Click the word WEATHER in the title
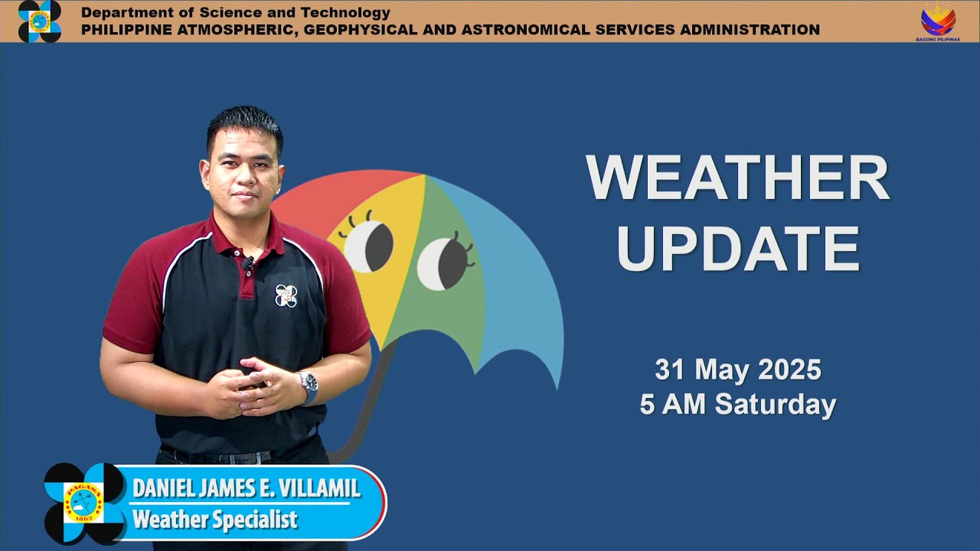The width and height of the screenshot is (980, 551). click(x=737, y=179)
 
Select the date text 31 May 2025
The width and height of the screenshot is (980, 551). click(x=737, y=370)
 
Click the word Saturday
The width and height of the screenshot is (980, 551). click(x=775, y=405)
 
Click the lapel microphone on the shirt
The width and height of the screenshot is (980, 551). click(x=248, y=263)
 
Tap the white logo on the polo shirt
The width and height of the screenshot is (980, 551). click(x=286, y=295)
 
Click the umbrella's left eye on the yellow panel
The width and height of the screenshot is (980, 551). click(x=368, y=246)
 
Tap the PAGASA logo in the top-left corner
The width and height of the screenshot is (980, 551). click(x=39, y=21)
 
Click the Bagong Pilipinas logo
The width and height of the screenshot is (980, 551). click(x=937, y=21)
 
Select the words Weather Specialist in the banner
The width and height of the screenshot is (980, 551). click(x=214, y=520)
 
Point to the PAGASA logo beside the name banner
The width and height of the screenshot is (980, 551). click(x=83, y=503)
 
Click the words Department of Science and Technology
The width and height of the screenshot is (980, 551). click(x=236, y=12)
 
